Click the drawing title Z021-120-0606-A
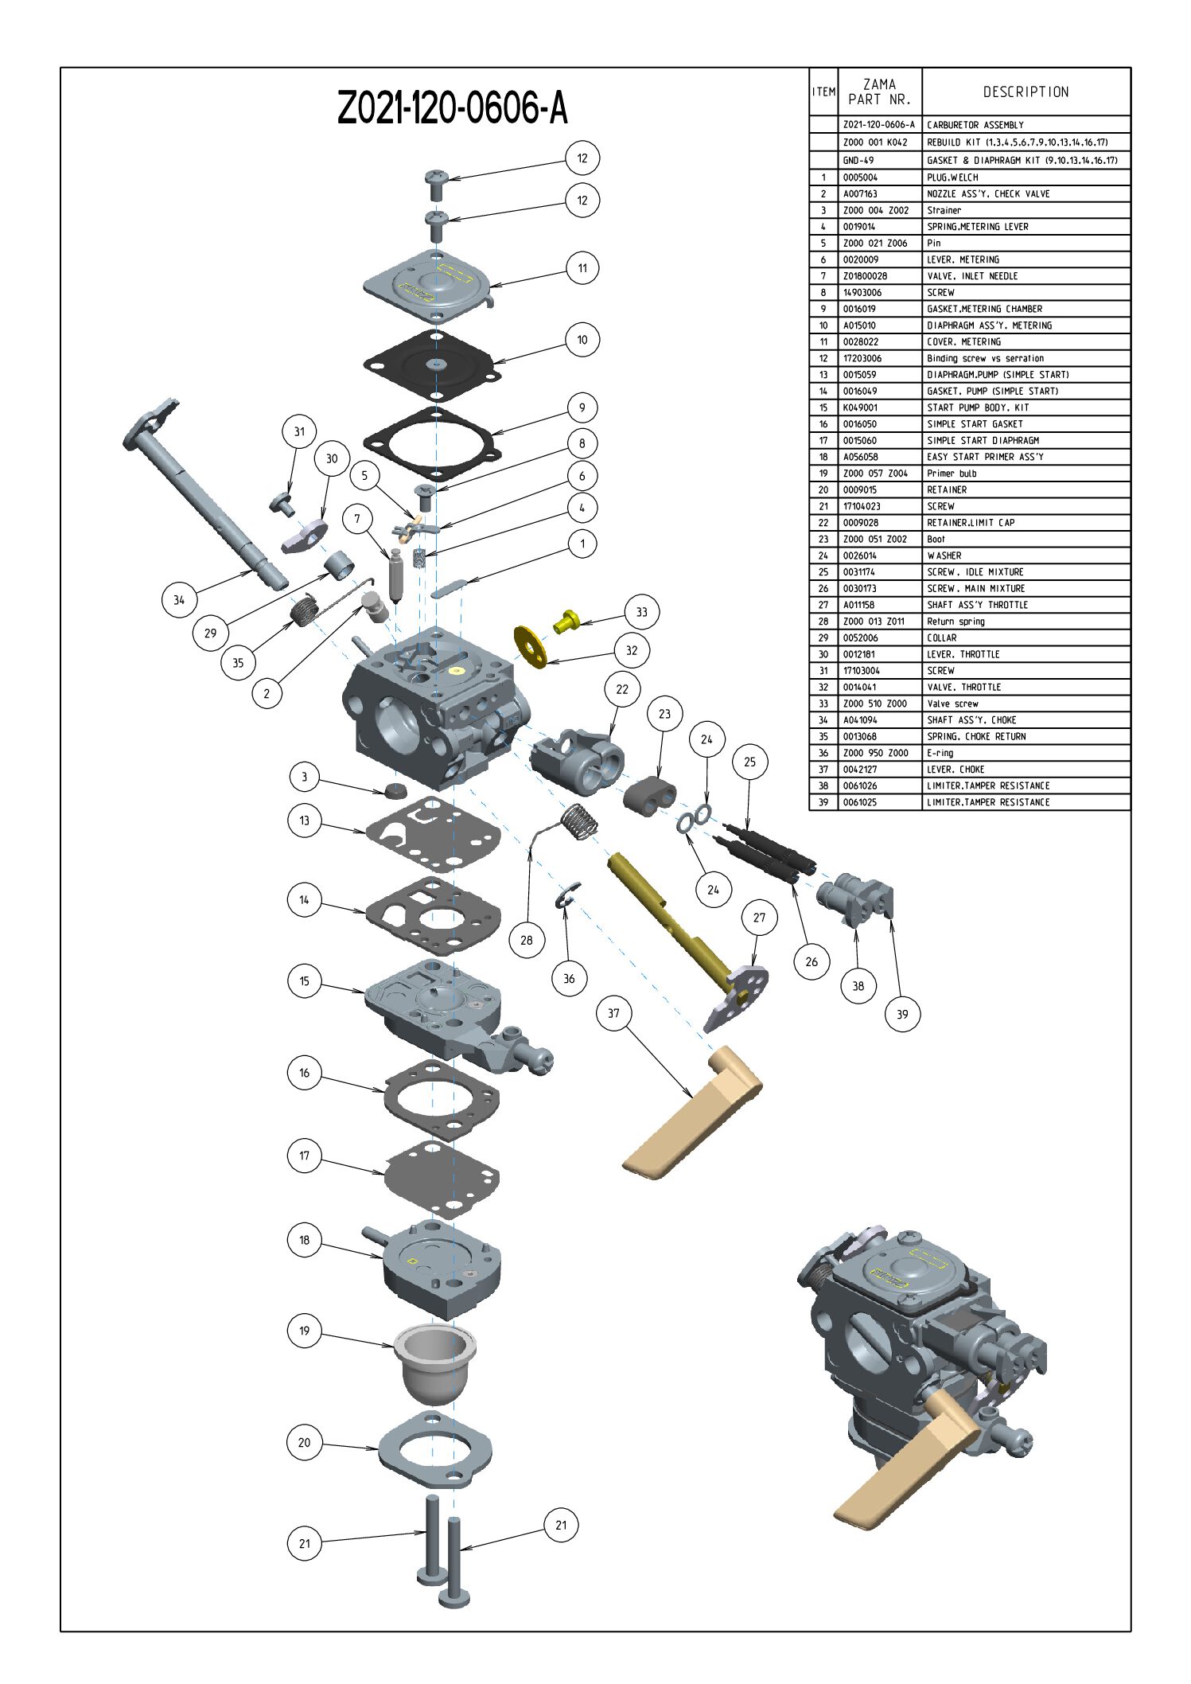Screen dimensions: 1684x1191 452,108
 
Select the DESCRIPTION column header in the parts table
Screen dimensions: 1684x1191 1026,92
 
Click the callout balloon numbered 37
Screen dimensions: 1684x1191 613,1013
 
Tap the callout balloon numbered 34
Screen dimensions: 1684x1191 179,600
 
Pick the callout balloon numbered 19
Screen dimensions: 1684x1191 304,1331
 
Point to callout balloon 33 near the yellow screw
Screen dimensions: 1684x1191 641,612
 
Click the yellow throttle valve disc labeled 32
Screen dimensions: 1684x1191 530,646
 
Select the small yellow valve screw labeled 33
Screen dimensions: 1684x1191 566,621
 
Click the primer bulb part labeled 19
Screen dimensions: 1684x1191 434,1362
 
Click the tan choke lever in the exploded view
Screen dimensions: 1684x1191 692,1114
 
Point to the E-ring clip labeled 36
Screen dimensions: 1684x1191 567,895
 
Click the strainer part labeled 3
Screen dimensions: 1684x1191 395,790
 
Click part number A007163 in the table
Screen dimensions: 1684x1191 860,194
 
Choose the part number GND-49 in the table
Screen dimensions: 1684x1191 858,161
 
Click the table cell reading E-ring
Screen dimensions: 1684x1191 940,753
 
